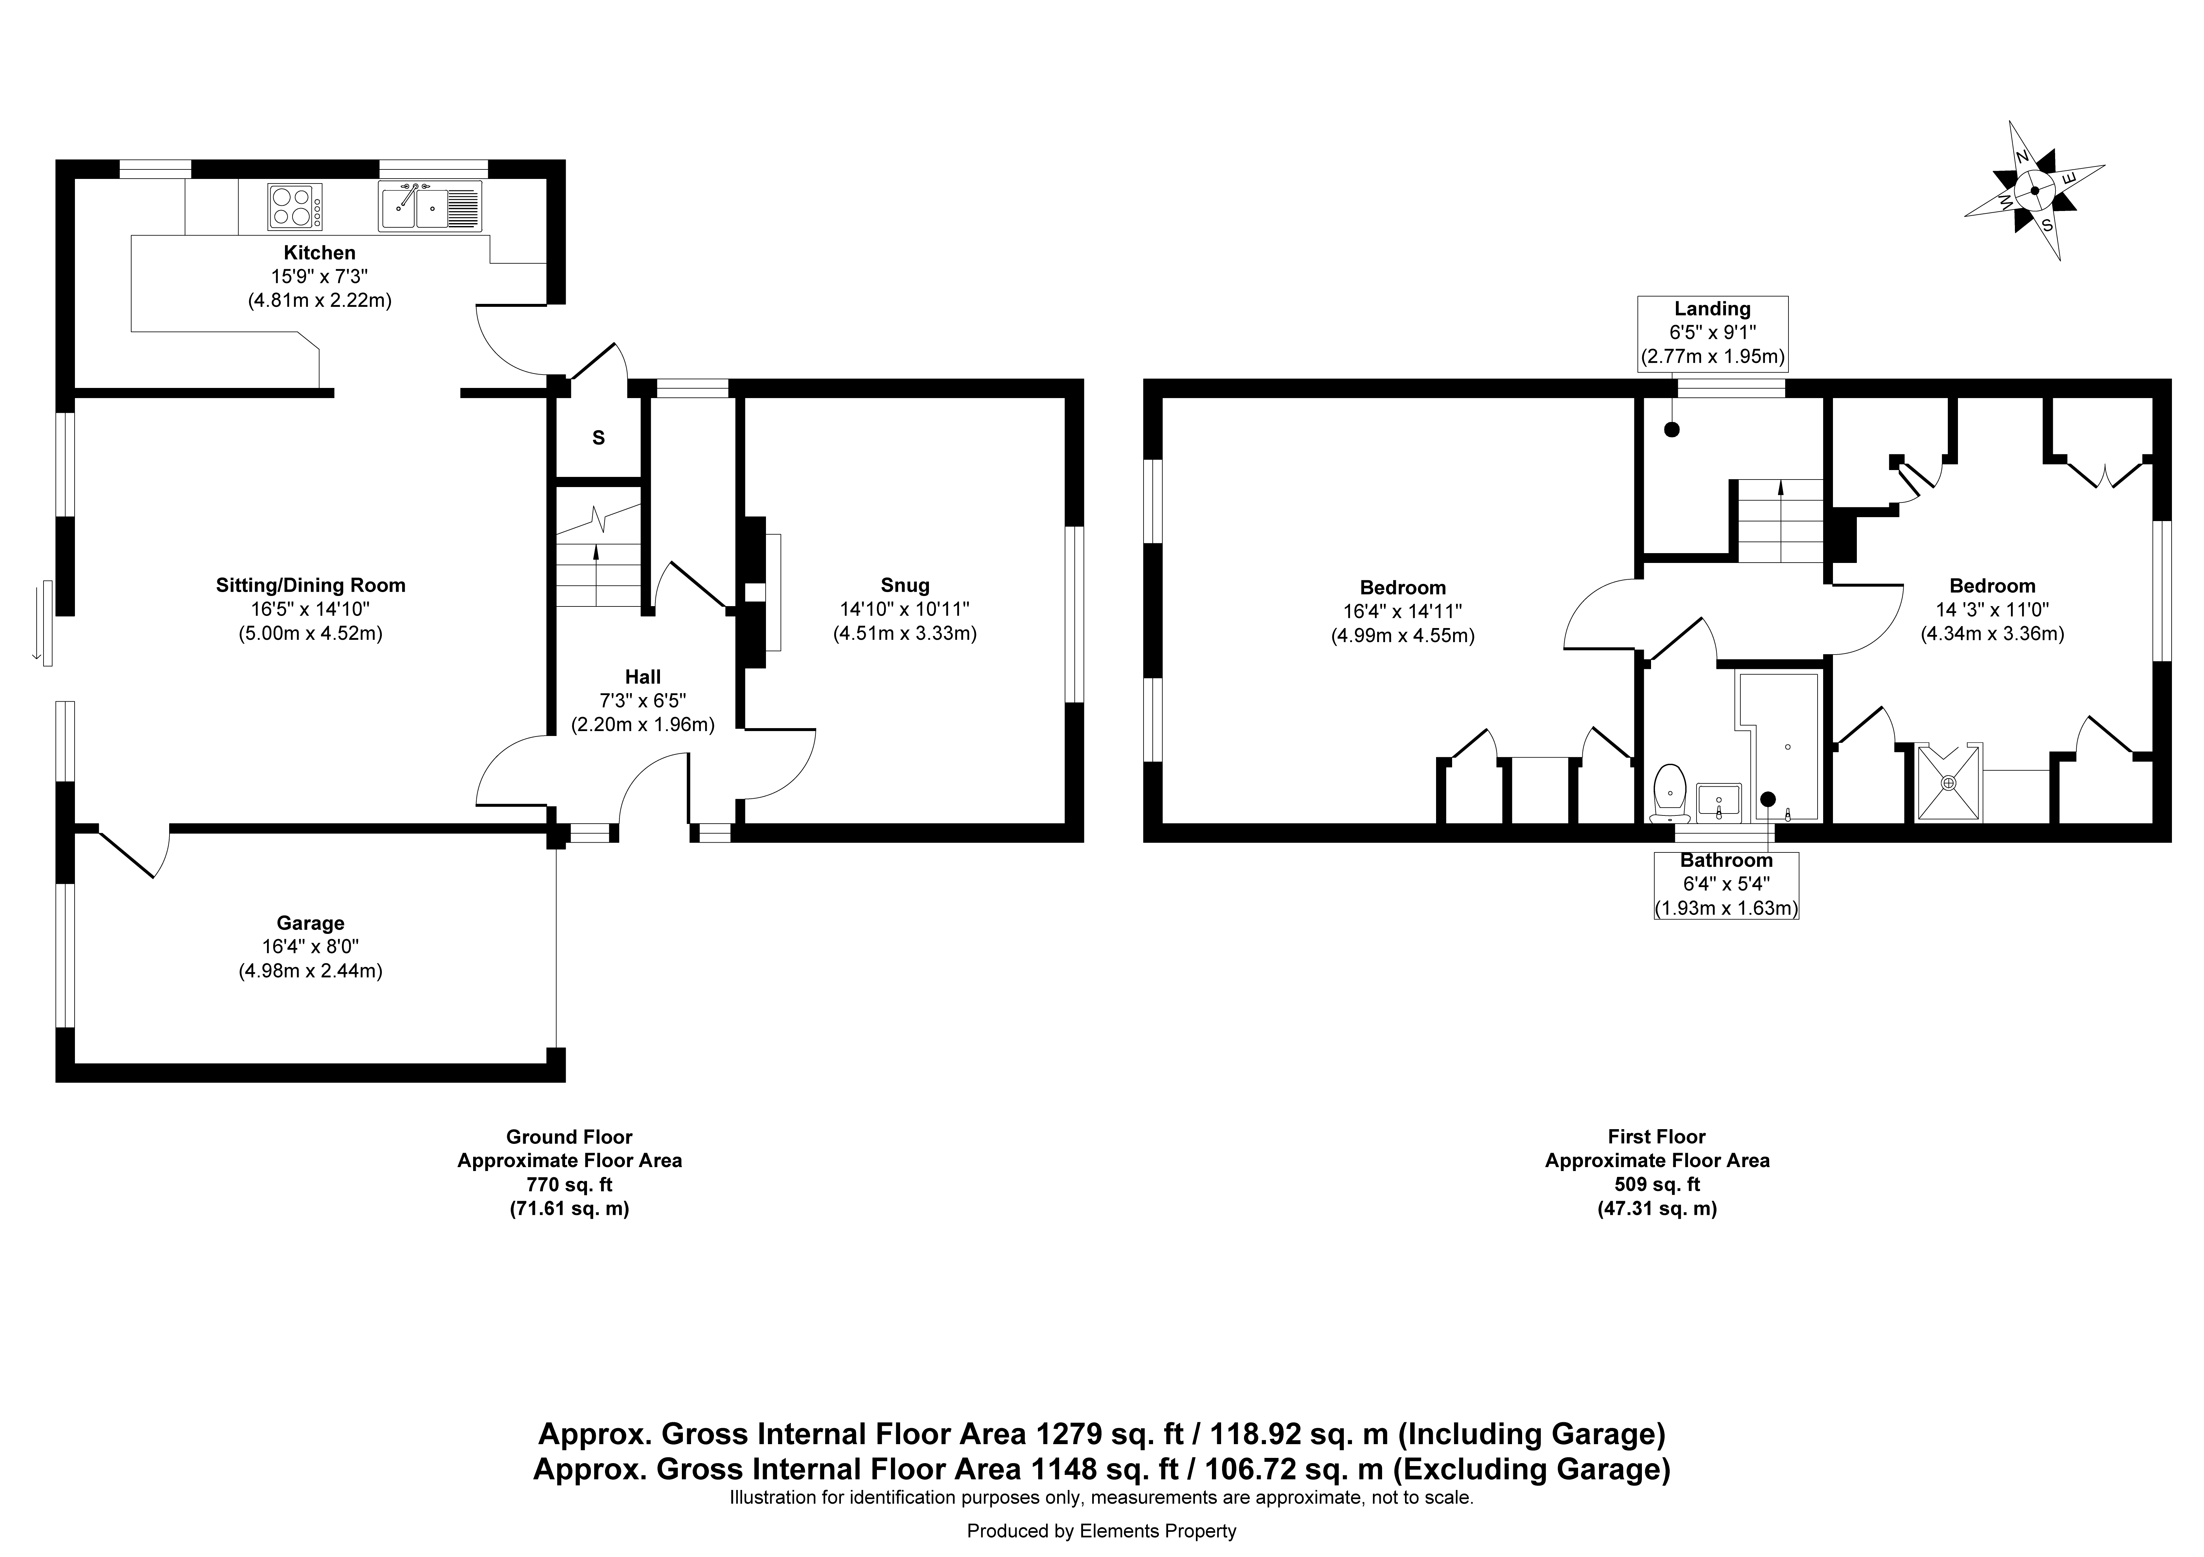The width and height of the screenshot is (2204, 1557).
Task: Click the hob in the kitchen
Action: [x=296, y=206]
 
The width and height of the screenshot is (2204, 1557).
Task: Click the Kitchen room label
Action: [x=320, y=253]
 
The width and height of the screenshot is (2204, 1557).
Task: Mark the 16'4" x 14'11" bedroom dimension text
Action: [x=1402, y=611]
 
